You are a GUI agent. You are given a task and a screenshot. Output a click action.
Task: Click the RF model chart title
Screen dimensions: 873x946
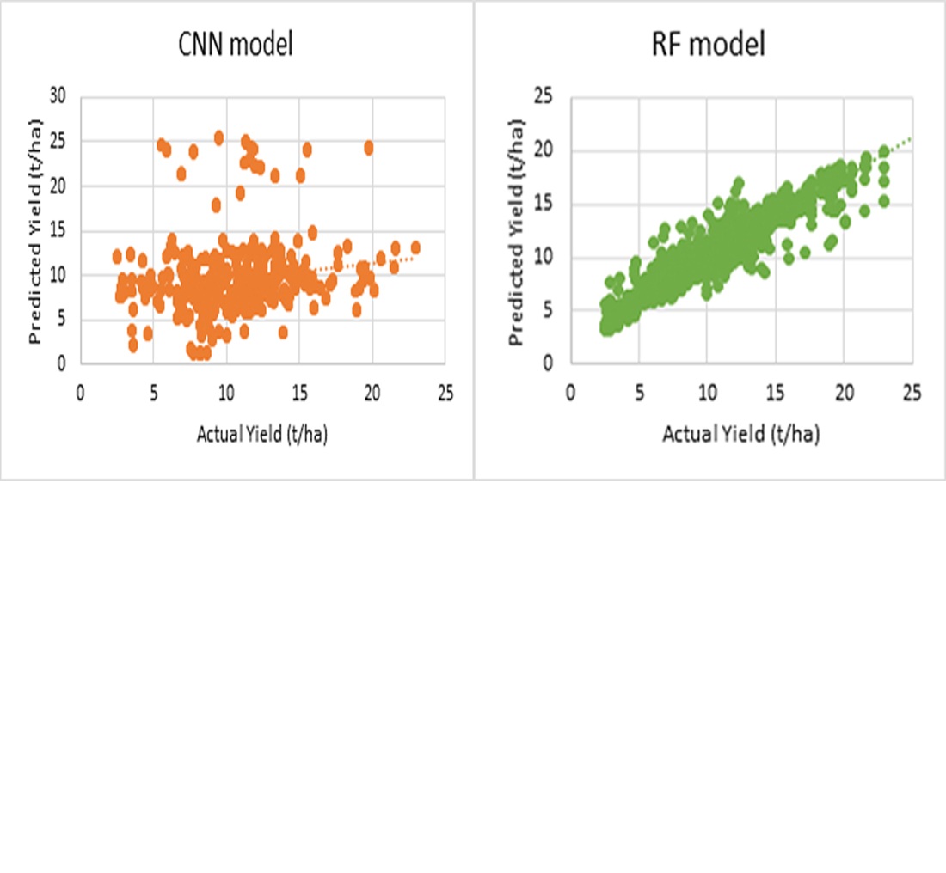(709, 45)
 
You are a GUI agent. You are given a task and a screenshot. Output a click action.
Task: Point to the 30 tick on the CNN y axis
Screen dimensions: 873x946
(58, 97)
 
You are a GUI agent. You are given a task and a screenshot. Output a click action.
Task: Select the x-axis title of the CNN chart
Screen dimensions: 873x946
(262, 435)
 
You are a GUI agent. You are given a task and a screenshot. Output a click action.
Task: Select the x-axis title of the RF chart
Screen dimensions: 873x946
(740, 435)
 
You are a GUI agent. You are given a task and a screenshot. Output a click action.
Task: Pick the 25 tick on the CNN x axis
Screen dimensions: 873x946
(445, 393)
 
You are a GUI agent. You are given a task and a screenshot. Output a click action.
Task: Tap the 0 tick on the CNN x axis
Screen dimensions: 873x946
(80, 393)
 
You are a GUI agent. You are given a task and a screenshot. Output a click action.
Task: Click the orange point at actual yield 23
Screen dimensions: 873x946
(415, 247)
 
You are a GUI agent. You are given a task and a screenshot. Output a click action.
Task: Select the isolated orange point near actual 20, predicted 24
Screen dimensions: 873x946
(369, 148)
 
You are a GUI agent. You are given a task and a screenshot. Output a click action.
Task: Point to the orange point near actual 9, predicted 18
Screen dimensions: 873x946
(217, 205)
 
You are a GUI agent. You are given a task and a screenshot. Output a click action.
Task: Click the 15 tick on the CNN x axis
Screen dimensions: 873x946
(298, 393)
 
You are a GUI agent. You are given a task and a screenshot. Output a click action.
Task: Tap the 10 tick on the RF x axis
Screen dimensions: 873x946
(707, 393)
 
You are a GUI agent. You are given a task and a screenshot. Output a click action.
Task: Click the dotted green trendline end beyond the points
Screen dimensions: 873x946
(908, 138)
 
